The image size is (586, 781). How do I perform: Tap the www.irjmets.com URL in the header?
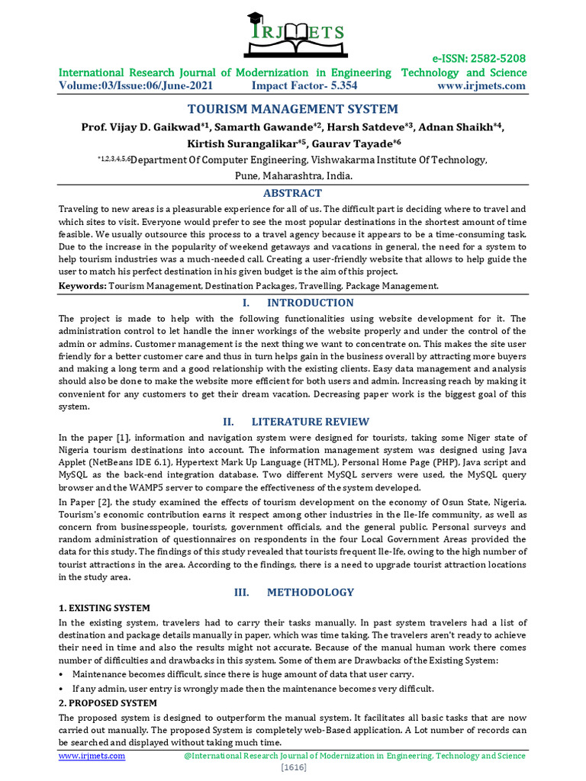coord(481,85)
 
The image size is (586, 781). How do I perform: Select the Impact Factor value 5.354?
coord(336,85)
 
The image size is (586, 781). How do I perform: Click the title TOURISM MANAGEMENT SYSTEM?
coord(293,109)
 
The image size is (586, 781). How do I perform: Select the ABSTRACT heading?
coord(292,193)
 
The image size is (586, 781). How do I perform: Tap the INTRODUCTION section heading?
coord(310,303)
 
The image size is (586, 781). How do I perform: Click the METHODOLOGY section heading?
coord(310,592)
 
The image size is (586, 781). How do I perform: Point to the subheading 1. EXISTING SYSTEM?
coord(105,608)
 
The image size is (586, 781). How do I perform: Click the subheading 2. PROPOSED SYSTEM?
coord(108,702)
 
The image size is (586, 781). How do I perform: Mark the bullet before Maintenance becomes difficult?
coord(61,674)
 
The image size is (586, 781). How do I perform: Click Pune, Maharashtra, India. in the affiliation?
coord(293,175)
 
